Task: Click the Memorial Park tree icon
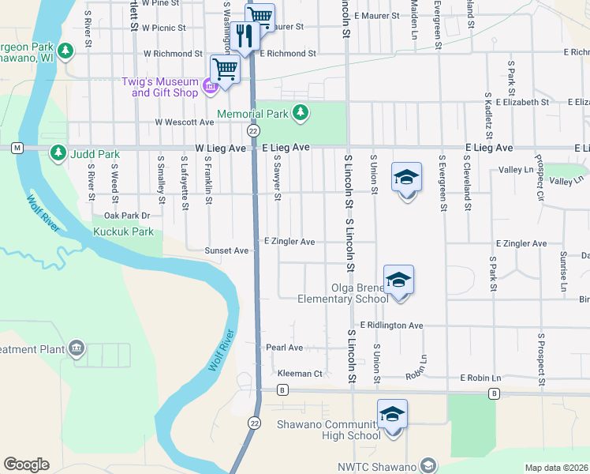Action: (x=300, y=114)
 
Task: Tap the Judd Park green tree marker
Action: (x=58, y=153)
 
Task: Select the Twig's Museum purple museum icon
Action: (x=210, y=87)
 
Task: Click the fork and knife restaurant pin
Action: (x=245, y=36)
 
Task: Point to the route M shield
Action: (x=16, y=148)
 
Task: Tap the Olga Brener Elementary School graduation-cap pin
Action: (x=399, y=281)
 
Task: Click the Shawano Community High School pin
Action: (x=392, y=416)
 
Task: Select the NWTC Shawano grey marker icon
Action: (x=428, y=465)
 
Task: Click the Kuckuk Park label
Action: (x=123, y=232)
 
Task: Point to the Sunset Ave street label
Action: (x=226, y=250)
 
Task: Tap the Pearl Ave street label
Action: (x=284, y=347)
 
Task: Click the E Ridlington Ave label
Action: (x=391, y=325)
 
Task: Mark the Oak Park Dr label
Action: (x=126, y=215)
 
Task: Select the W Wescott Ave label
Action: (x=184, y=122)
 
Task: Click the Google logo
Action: (x=26, y=465)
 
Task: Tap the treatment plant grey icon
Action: (x=77, y=348)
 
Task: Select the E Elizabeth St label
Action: (x=517, y=102)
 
